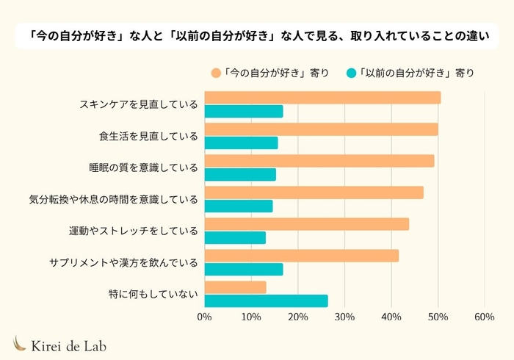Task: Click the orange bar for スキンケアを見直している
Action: pyautogui.click(x=322, y=98)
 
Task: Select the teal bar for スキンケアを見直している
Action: pyautogui.click(x=243, y=112)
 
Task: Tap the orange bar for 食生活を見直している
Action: pyautogui.click(x=321, y=129)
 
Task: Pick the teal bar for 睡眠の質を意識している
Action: pyautogui.click(x=240, y=175)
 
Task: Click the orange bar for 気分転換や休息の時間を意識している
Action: pyautogui.click(x=314, y=192)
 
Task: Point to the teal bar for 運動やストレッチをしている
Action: pyautogui.click(x=235, y=238)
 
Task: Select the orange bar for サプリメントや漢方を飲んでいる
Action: pyautogui.click(x=301, y=256)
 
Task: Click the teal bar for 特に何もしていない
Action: pyautogui.click(x=266, y=301)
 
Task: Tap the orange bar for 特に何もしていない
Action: pyautogui.click(x=235, y=287)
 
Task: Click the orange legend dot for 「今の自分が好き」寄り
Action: pyautogui.click(x=216, y=72)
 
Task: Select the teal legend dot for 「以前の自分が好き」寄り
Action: pyautogui.click(x=352, y=72)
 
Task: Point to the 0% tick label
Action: pyautogui.click(x=205, y=317)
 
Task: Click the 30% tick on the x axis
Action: pyautogui.click(x=344, y=317)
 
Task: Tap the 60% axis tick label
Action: pyautogui.click(x=484, y=317)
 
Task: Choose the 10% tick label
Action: pyautogui.click(x=251, y=317)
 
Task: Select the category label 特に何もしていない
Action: pyautogui.click(x=153, y=294)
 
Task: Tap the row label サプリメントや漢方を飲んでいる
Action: pyautogui.click(x=124, y=262)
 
